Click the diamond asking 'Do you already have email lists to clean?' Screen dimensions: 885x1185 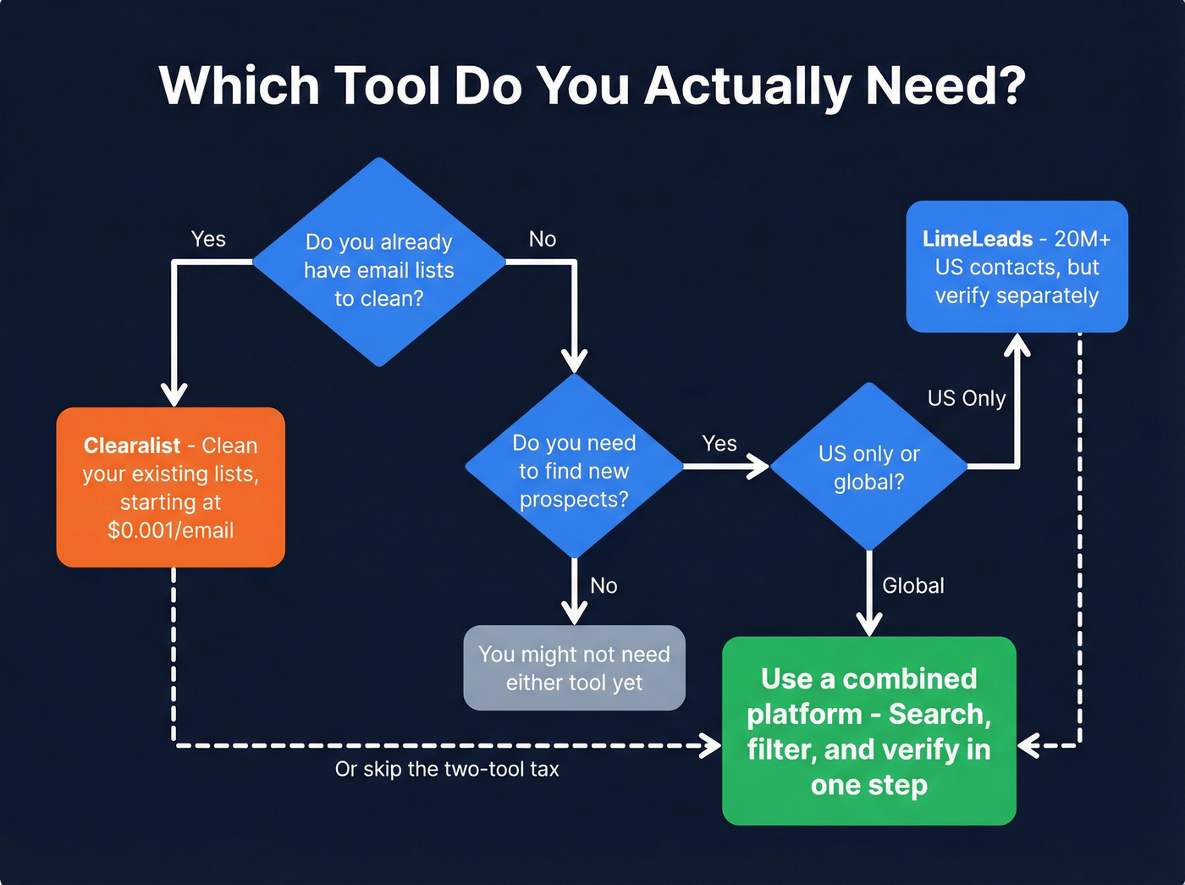[379, 263]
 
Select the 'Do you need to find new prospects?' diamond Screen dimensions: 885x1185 [574, 467]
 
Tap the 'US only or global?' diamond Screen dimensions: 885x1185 [868, 467]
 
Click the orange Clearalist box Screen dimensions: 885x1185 [171, 487]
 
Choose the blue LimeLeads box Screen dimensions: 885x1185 [1017, 267]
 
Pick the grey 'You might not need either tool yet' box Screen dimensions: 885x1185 [574, 668]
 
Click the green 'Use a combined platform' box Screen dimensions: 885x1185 [868, 731]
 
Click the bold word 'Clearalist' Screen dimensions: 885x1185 [132, 445]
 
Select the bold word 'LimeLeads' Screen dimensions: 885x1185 [978, 239]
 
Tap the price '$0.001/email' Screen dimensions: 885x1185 [171, 531]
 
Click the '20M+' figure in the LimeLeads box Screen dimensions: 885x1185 [1083, 239]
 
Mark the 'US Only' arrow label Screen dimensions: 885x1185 [967, 398]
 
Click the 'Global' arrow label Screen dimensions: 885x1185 [912, 585]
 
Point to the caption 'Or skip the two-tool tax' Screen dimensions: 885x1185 [447, 769]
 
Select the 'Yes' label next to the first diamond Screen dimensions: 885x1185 [208, 239]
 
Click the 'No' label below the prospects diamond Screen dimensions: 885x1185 [604, 585]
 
